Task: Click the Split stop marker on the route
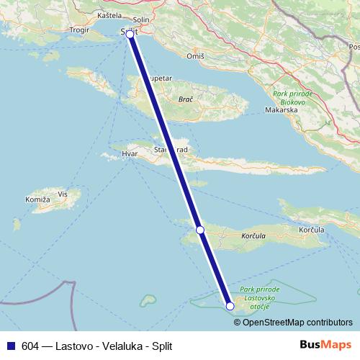click(x=130, y=34)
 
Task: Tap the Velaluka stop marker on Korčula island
click(x=200, y=230)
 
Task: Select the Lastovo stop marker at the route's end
click(x=230, y=306)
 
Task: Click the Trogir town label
click(x=78, y=30)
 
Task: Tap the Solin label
click(x=141, y=21)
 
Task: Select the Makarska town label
click(x=282, y=112)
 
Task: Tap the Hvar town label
click(x=129, y=154)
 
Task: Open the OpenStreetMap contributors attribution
click(x=297, y=322)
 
